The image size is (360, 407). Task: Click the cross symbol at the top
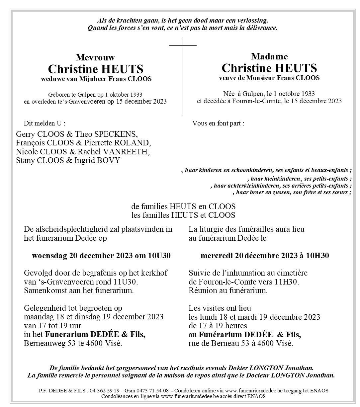[183, 45]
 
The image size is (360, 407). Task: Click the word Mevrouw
[95, 57]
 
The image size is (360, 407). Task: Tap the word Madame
[269, 56]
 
